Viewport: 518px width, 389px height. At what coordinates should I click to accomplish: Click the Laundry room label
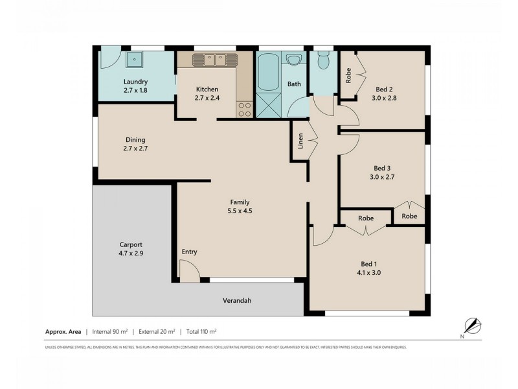[x=136, y=82]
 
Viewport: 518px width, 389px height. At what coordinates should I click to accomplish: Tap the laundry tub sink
[x=135, y=61]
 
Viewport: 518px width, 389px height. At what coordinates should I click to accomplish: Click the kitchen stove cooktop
[x=245, y=110]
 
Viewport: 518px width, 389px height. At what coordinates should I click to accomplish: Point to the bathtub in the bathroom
[x=267, y=73]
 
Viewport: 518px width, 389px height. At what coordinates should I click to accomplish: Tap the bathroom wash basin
[x=294, y=61]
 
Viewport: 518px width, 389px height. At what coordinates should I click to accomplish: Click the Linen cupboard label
[x=300, y=142]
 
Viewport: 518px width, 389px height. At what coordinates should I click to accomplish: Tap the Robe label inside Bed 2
[x=348, y=76]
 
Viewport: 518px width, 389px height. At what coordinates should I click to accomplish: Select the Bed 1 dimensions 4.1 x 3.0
[x=368, y=274]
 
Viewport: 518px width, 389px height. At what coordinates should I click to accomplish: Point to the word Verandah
[x=237, y=301]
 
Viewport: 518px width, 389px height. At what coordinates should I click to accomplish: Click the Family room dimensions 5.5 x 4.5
[x=238, y=211]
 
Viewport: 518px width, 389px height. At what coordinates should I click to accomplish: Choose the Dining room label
[x=135, y=139]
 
